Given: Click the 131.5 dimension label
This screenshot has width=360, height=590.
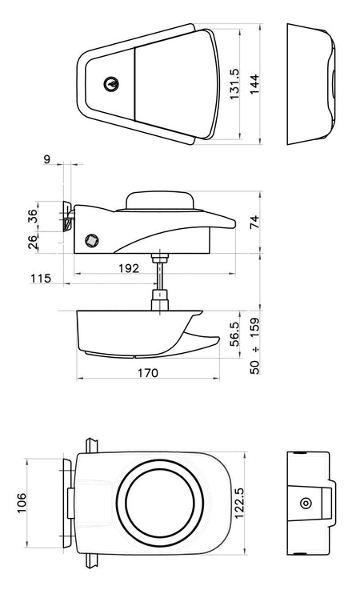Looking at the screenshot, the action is click(234, 84).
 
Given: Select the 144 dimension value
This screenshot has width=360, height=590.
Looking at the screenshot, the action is click(254, 84).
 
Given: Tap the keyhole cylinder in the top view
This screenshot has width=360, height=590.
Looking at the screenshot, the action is click(111, 84).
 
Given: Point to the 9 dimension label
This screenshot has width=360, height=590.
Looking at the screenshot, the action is click(46, 159).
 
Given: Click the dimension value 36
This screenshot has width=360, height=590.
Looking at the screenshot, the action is click(33, 215).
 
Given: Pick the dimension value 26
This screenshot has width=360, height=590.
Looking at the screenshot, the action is click(33, 242).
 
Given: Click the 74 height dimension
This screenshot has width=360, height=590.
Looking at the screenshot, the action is click(254, 222).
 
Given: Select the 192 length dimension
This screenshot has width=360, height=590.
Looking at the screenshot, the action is click(129, 268).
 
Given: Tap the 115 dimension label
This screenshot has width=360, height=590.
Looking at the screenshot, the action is click(41, 279).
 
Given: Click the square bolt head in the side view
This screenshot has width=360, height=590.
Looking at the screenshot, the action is click(92, 240).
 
